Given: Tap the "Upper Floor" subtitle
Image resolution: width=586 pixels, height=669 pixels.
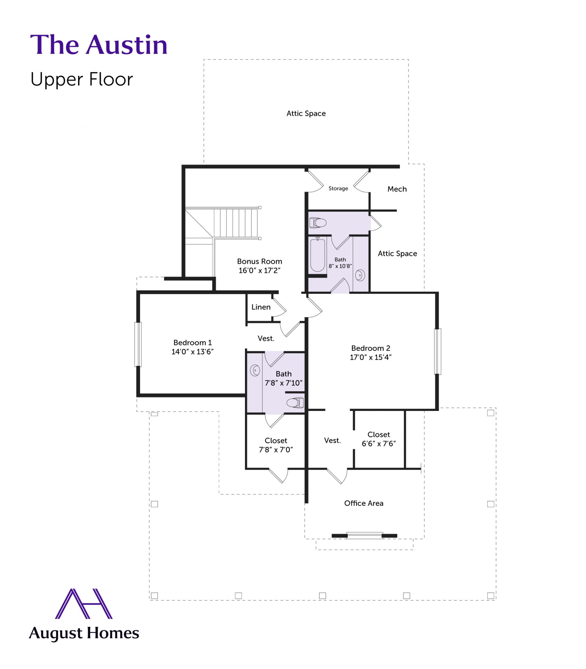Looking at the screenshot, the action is (82, 79).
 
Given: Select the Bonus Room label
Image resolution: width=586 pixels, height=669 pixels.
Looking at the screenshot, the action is (259, 261).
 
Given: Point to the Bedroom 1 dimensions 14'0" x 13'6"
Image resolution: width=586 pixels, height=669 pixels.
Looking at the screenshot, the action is (192, 351).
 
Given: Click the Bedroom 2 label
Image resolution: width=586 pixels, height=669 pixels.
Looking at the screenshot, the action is (370, 348).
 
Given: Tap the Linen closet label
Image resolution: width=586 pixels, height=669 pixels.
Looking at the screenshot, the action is (261, 307).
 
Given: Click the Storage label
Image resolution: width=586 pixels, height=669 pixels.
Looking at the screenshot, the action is (338, 188).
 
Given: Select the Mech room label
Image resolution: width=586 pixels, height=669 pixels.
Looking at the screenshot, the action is (397, 189).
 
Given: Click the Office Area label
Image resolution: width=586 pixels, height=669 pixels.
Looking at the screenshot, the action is (364, 503).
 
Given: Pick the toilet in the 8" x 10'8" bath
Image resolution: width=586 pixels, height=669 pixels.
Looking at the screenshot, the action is (318, 223).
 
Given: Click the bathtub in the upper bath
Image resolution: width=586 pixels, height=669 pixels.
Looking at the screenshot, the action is (317, 255).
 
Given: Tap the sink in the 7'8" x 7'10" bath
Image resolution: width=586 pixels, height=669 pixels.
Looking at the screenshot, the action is (255, 370).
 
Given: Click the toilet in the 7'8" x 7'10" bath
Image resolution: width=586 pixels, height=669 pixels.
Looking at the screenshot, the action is (295, 402).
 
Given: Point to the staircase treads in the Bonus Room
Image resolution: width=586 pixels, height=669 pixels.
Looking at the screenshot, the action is (236, 223).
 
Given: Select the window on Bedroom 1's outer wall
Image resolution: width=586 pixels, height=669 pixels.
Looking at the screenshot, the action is (138, 344).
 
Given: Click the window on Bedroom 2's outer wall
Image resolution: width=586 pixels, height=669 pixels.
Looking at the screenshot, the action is (437, 351).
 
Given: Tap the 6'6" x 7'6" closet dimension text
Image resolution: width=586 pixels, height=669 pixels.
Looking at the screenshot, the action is (379, 443).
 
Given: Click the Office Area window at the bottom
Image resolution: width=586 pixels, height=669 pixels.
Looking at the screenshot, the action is (365, 535).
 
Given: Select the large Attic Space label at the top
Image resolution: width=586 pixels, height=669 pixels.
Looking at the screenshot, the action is (306, 113).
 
